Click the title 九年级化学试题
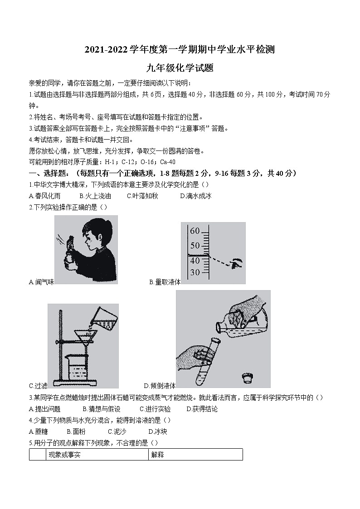click(180, 68)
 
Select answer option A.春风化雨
click(44, 196)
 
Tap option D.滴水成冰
click(195, 196)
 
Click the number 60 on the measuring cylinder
click(195, 231)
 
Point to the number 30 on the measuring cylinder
click(195, 272)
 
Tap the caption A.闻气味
click(41, 282)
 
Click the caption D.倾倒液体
click(160, 386)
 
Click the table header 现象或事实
click(64, 455)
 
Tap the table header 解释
click(157, 455)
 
